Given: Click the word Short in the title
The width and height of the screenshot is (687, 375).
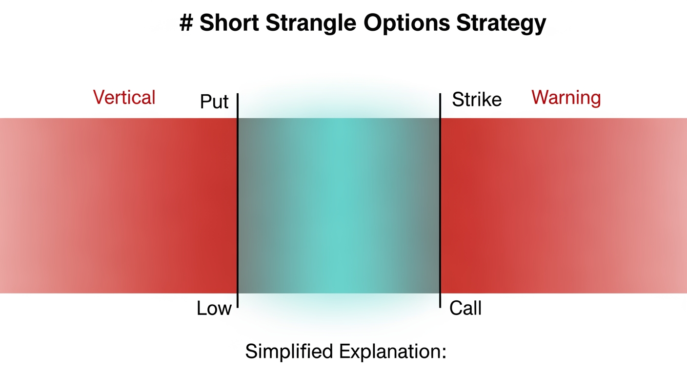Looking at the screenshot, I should point(229,23).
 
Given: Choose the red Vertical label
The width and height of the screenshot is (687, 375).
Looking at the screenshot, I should point(124,98).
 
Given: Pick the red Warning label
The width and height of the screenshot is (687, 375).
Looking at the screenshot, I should point(566,98).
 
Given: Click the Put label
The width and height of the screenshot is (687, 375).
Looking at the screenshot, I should point(214,102).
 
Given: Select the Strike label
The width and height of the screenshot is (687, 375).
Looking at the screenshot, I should point(477,100).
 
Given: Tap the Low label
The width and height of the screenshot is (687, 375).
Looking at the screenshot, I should point(214,309).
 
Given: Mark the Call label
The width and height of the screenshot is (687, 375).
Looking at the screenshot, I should point(465,309).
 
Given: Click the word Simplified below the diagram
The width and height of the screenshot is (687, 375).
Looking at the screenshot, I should point(289,352).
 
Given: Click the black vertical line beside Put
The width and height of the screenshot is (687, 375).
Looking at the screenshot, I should point(238,200).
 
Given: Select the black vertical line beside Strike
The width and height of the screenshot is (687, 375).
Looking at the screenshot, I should point(440,200).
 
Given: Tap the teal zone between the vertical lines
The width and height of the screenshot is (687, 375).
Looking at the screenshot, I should point(339,205).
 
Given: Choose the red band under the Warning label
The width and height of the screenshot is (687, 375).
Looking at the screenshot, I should point(566,205).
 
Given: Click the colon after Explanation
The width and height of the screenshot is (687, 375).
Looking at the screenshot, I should point(444,353).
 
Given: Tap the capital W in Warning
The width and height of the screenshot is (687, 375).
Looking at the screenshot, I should point(539,98).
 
